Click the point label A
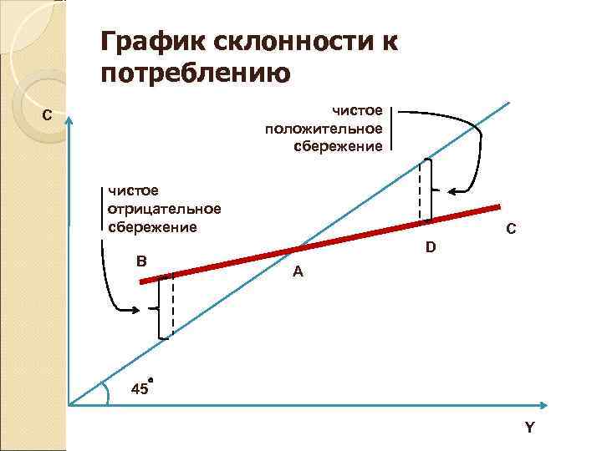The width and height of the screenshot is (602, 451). (298, 271)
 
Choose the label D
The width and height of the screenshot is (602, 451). (430, 247)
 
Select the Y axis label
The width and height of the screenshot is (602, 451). (528, 428)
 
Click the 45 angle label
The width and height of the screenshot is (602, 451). (140, 388)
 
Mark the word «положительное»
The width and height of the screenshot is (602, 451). (324, 129)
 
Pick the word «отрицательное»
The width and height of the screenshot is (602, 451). (165, 210)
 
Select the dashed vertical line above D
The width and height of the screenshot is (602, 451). (420, 190)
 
